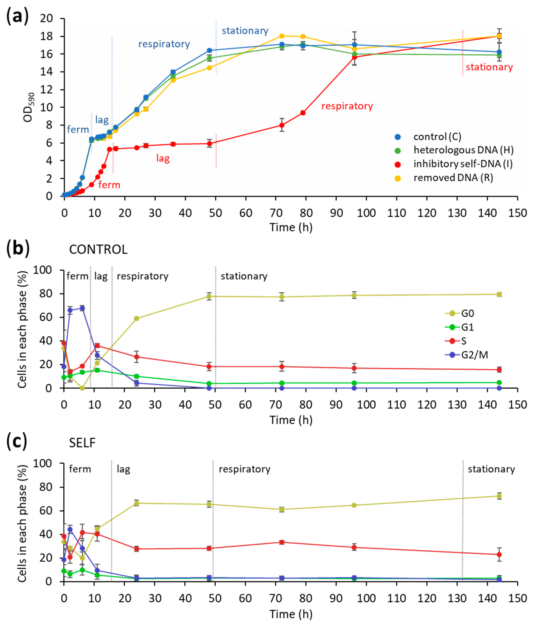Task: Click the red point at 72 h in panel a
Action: coord(282,125)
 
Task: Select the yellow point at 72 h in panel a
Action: coord(282,36)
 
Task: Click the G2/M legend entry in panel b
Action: coord(474,355)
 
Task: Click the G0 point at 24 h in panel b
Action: coord(136,318)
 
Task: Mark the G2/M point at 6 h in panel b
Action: coord(82,308)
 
